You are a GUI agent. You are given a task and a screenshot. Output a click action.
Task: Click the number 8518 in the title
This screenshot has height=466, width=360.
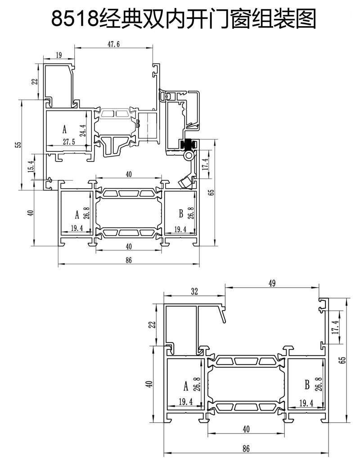tap(75, 18)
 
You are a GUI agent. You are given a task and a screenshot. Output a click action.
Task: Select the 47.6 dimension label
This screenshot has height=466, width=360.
tap(113, 44)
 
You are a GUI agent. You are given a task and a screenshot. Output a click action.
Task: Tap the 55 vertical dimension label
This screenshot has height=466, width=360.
tap(18, 145)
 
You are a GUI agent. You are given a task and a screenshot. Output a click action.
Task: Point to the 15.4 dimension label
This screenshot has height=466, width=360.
tap(31, 166)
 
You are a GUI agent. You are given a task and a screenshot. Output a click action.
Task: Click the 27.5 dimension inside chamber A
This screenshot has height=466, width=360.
tap(69, 142)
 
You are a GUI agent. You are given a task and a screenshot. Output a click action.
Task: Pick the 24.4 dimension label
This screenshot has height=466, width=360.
tap(83, 130)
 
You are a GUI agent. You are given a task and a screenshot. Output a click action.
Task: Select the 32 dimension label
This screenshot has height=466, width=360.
tap(194, 291)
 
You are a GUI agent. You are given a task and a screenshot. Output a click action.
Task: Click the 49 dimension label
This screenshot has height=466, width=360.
tap(272, 283)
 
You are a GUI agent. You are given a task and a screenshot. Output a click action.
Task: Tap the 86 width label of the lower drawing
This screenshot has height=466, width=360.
tap(246, 448)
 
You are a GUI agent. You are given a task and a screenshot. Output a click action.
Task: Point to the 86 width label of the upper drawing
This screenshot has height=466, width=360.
tap(128, 260)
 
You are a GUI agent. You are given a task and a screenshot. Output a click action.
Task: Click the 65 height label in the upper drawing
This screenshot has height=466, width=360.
tap(211, 192)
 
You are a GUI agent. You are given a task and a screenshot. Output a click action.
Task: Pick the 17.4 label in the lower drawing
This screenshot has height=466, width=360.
tap(335, 327)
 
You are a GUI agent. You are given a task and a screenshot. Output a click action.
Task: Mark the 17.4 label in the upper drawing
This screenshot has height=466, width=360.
tap(205, 164)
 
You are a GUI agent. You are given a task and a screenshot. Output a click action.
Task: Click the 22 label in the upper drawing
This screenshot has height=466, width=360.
tap(35, 81)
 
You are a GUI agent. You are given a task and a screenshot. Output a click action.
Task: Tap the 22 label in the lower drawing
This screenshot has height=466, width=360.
tap(152, 325)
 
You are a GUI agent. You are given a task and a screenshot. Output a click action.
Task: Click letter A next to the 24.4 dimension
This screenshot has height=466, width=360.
tap(64, 129)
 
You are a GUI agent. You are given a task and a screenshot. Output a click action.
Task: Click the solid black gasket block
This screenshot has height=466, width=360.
tap(188, 145)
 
